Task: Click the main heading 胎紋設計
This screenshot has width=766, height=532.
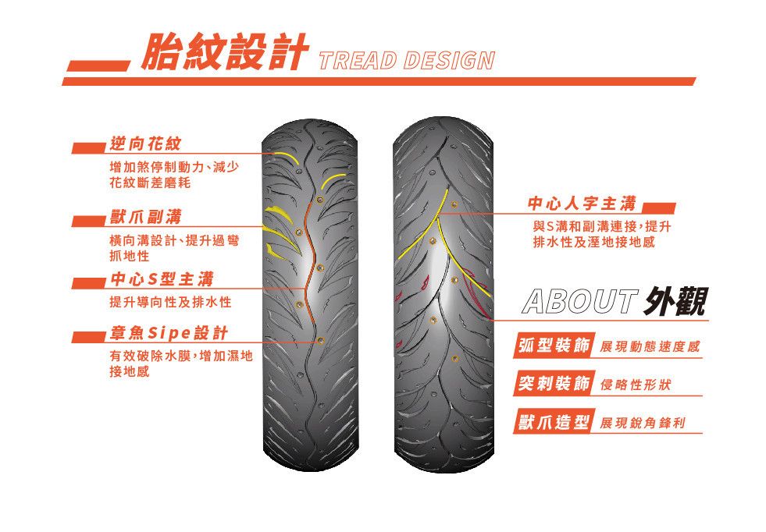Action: tap(224, 51)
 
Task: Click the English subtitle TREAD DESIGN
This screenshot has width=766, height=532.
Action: tap(407, 61)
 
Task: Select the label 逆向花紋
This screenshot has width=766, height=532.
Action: tap(145, 144)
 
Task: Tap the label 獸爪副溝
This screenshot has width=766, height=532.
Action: tap(145, 217)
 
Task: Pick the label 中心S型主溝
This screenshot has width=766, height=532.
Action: tap(162, 279)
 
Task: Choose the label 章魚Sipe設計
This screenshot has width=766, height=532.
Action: tap(169, 333)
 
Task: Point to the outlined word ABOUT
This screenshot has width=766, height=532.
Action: tap(580, 301)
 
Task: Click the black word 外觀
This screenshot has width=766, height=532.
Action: tap(676, 301)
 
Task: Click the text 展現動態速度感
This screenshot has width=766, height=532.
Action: tap(650, 347)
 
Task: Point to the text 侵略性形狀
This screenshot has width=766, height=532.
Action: tap(635, 385)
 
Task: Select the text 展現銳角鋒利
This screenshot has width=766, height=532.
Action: tap(643, 423)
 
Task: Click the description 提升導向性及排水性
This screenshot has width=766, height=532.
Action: tap(170, 302)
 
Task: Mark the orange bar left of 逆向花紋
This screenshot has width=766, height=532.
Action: tap(88, 148)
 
